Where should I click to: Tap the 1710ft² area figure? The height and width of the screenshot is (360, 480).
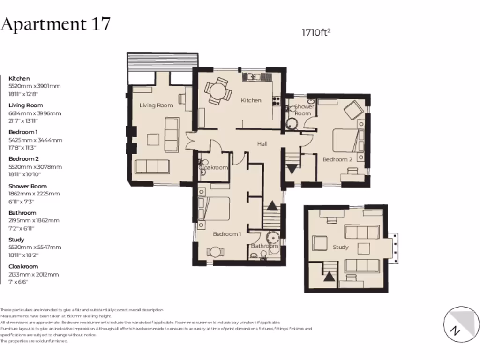point(316,32)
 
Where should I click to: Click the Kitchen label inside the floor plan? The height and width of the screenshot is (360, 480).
point(251,100)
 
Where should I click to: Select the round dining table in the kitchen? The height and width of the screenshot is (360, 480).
point(217,91)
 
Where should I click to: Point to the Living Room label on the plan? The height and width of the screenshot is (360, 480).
point(156,105)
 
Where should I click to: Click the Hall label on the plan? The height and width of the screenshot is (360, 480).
point(262,144)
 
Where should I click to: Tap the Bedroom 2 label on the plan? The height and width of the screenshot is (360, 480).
point(337,159)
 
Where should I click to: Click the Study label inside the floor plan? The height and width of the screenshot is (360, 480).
point(340,247)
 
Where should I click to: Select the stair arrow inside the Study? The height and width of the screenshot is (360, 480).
point(330,276)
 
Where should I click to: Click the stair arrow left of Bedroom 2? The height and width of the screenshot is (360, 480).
point(292,168)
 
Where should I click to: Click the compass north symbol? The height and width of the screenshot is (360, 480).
point(454,330)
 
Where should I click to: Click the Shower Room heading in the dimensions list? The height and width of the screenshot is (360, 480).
point(27,186)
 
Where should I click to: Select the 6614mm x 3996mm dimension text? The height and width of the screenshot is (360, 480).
point(35,113)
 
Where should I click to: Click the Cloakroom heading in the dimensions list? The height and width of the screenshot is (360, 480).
point(23,266)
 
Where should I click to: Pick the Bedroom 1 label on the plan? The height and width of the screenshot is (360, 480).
point(227,234)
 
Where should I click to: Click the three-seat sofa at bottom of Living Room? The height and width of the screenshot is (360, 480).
point(152,166)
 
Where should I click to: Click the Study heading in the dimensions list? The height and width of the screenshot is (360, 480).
point(16,240)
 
